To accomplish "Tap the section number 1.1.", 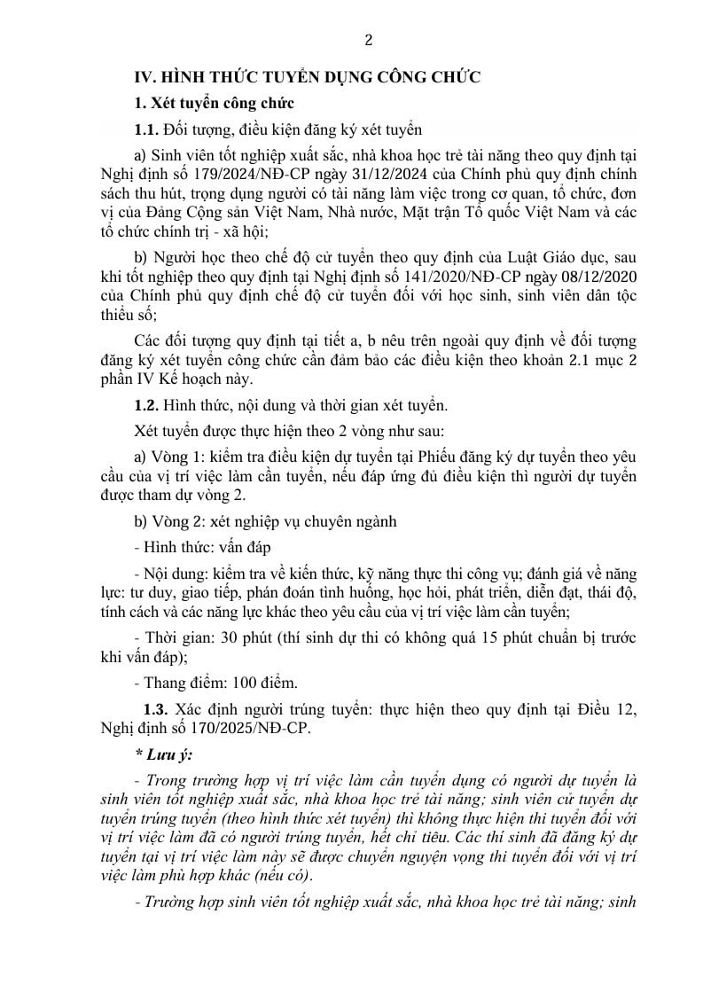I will (x=146, y=130).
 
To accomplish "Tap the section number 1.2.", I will (x=146, y=407).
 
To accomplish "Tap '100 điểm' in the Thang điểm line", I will (x=266, y=683).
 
